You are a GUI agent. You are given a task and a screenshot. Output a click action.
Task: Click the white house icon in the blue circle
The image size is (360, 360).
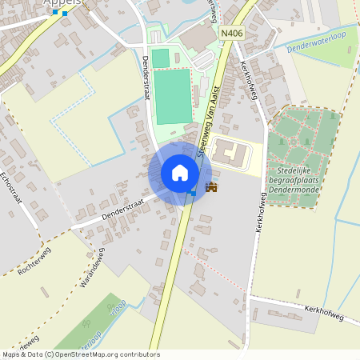pyautogui.click(x=180, y=172)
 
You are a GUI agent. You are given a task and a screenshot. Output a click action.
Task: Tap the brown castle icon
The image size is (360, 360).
pyautogui.click(x=211, y=187)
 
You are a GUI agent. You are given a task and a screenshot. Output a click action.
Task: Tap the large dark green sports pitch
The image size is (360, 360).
pyautogui.click(x=173, y=96)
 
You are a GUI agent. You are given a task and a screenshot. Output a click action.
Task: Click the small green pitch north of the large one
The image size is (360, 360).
pyautogui.click(x=161, y=58)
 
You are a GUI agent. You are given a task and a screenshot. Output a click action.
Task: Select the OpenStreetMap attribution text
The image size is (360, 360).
pyautogui.click(x=80, y=354)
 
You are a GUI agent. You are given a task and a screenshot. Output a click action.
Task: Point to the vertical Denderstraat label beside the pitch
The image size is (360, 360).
pyautogui.click(x=148, y=77)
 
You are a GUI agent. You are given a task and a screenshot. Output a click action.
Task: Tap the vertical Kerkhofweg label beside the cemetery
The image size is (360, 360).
pyautogui.click(x=260, y=212)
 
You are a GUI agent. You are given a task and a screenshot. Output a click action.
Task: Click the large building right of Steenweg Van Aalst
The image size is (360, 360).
pyautogui.click(x=232, y=152)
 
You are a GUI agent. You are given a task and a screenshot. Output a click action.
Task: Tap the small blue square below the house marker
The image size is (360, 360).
pyautogui.click(x=193, y=193)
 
